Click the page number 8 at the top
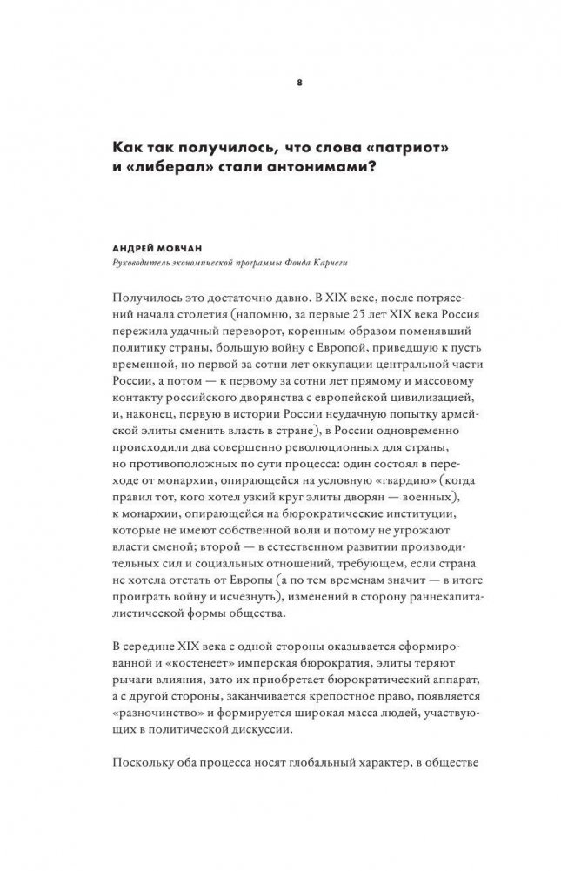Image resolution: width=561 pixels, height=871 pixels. pyautogui.click(x=299, y=83)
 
